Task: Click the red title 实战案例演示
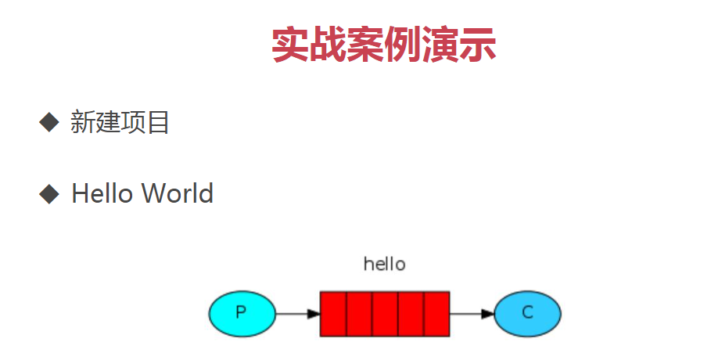click(x=383, y=45)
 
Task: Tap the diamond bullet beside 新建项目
click(x=49, y=122)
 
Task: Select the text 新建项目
click(x=120, y=123)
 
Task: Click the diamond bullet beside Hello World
click(x=49, y=194)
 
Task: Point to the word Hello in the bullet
click(x=102, y=193)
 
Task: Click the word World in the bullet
click(x=178, y=193)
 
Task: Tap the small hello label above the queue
click(x=384, y=264)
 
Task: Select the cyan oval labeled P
click(x=242, y=314)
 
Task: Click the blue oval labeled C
click(x=527, y=314)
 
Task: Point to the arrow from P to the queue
click(x=298, y=314)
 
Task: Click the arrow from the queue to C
click(x=472, y=314)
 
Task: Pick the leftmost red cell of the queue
click(x=333, y=314)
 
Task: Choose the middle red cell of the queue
click(x=385, y=314)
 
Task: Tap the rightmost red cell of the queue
click(x=437, y=314)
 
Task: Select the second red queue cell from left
click(x=360, y=314)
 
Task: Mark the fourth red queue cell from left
click(x=411, y=314)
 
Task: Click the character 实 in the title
click(x=290, y=45)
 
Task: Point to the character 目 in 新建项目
click(x=158, y=123)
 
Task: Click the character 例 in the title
click(x=402, y=45)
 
